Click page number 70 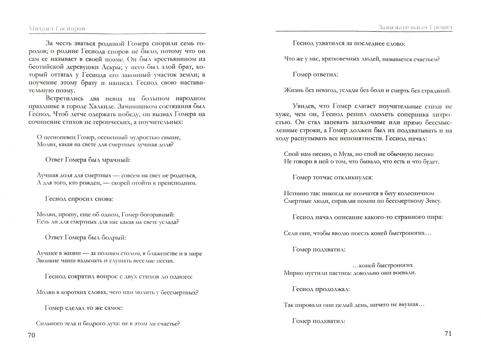(x=31, y=335)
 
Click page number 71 (x=448, y=334)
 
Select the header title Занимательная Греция (x=415, y=27)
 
